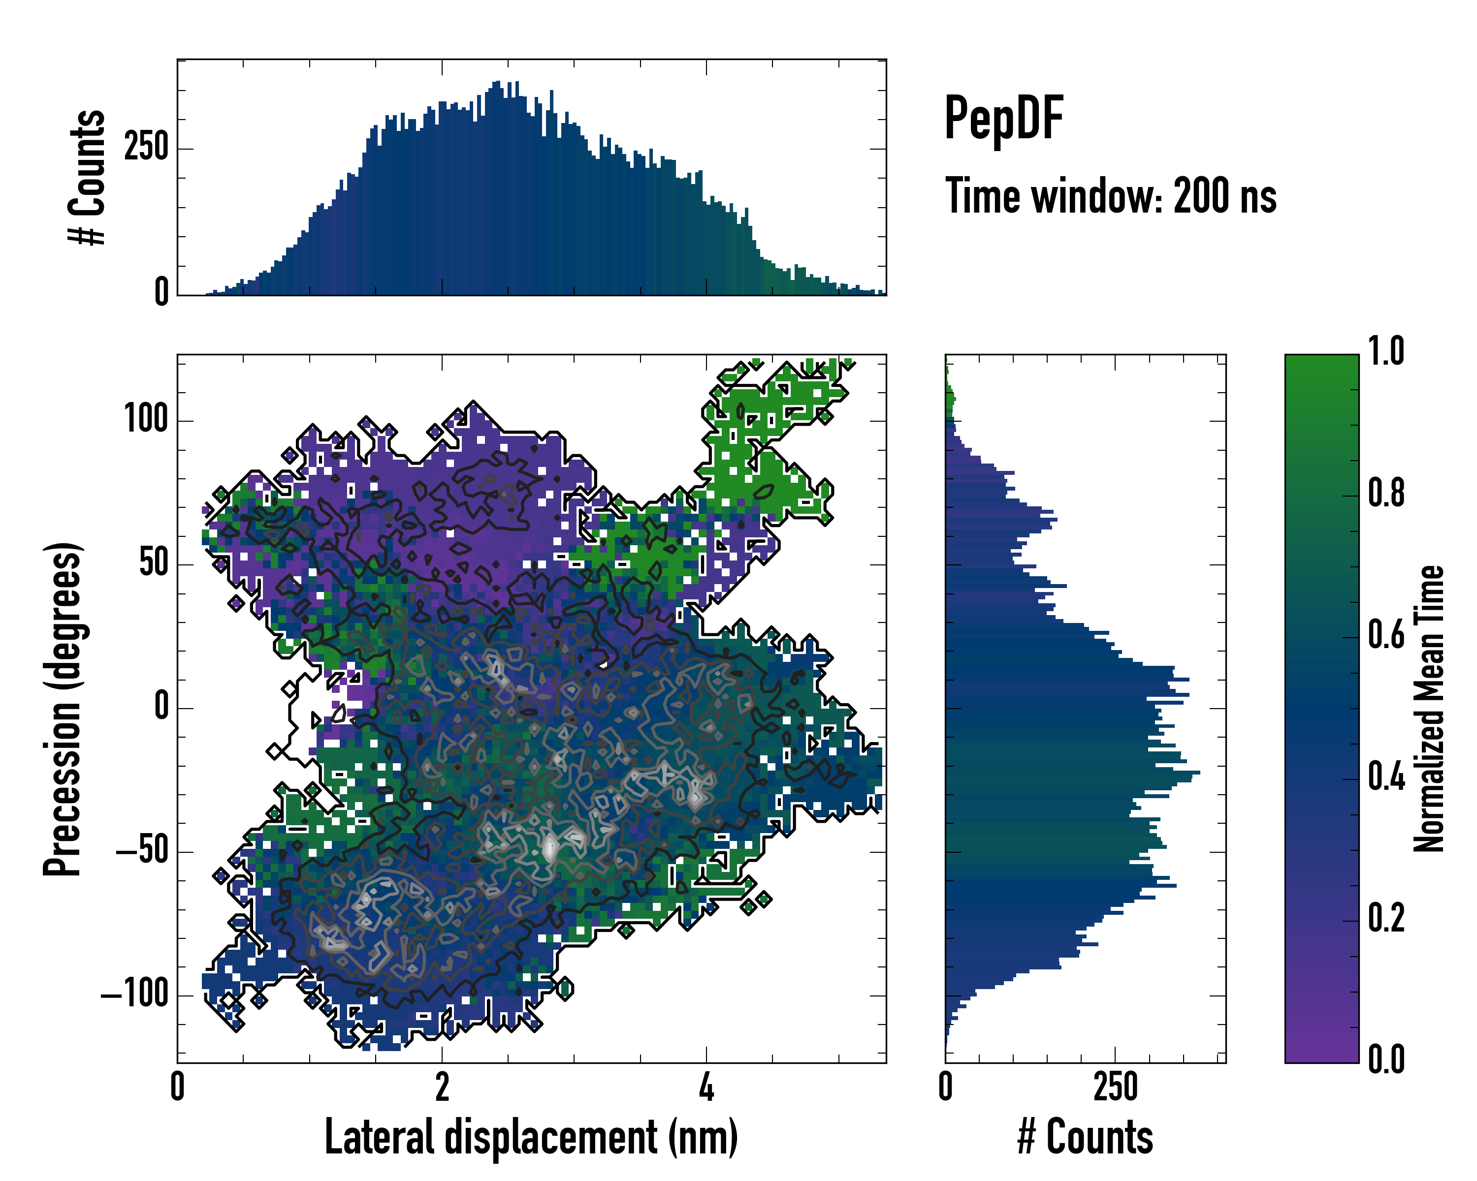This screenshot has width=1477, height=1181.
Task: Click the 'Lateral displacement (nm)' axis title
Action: (531, 1137)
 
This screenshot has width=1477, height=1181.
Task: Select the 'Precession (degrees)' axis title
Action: (63, 709)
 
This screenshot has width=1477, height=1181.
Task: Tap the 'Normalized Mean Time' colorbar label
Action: (1429, 709)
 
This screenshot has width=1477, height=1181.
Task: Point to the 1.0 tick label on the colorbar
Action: (1386, 351)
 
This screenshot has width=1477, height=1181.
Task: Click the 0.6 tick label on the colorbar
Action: (1386, 635)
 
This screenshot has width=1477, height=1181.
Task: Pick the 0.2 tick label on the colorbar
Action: (1386, 918)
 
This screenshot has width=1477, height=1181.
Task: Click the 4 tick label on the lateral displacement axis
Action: (706, 1087)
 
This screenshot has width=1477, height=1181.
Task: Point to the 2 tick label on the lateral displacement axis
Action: (442, 1087)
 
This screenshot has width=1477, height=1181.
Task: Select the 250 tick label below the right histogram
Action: (1115, 1087)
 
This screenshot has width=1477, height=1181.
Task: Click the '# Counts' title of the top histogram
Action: (88, 177)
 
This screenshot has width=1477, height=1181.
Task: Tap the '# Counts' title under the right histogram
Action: (1085, 1137)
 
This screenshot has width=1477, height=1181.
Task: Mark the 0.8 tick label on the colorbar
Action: (1386, 493)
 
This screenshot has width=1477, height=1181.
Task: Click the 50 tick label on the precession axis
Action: (154, 563)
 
